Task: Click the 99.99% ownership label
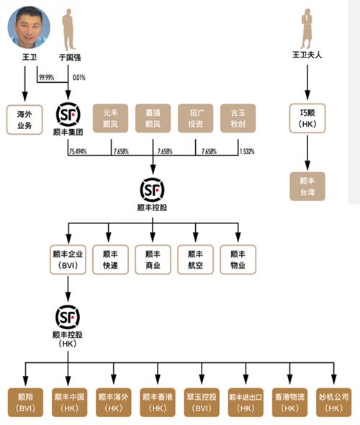pyautogui.click(x=47, y=76)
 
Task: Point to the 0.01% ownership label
pyautogui.click(x=78, y=76)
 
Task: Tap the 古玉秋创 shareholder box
pyautogui.click(x=238, y=117)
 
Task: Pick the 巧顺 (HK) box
pyautogui.click(x=307, y=118)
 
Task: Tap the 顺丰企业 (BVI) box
pyautogui.click(x=68, y=260)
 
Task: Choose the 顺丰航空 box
pyautogui.click(x=195, y=260)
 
